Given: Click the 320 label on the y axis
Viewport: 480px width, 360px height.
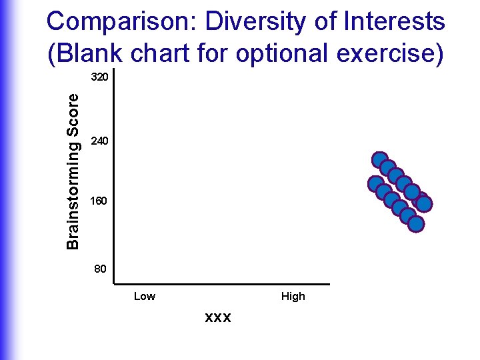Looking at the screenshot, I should [99, 78].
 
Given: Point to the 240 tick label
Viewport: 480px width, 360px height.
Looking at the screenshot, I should [99, 141].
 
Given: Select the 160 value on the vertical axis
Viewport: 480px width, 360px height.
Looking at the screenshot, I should [99, 201].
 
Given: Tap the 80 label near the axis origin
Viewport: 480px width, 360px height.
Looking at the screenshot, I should [100, 269].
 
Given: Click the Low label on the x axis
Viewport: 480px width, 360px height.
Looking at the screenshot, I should [145, 297].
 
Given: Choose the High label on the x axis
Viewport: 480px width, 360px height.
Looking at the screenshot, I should [293, 297].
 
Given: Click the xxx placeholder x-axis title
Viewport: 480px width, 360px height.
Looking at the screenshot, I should [218, 317].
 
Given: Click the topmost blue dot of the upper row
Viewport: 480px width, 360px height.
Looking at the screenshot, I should [380, 160].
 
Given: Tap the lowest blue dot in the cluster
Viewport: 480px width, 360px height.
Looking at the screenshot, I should [415, 224].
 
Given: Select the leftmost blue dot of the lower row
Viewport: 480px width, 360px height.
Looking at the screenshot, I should [376, 184].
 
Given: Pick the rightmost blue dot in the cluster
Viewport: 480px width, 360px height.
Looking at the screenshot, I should [423, 203].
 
